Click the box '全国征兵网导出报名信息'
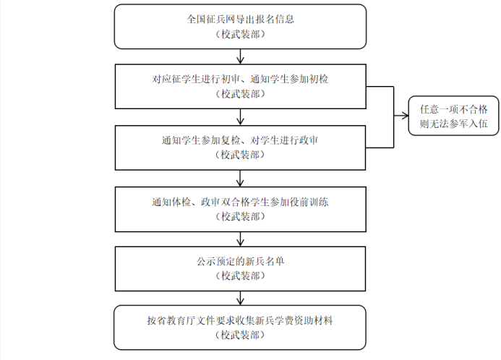tap(240, 26)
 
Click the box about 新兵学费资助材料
tap(240, 326)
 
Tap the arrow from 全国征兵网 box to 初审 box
tap(240, 55)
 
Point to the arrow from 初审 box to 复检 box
tap(240, 116)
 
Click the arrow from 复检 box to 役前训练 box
tap(240, 177)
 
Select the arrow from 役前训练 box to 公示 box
tap(240, 238)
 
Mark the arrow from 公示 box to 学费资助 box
tap(240, 297)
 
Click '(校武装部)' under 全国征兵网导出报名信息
tap(240, 34)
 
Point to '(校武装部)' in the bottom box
tap(240, 335)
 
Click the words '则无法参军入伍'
tap(453, 124)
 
